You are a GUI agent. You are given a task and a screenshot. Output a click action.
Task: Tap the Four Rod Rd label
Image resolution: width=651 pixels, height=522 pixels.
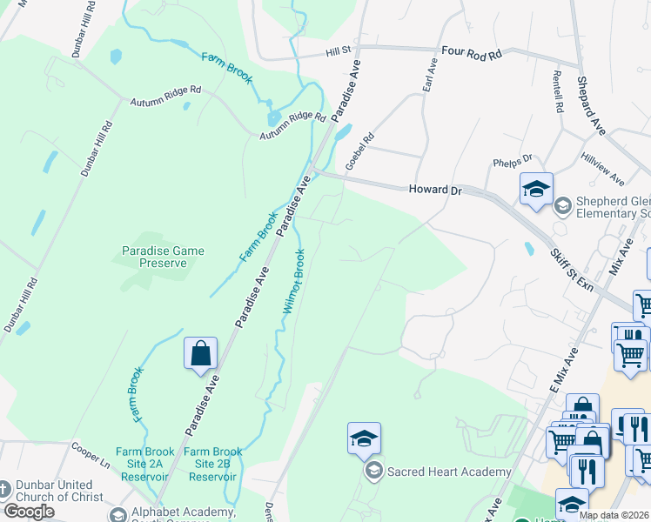coord(472,53)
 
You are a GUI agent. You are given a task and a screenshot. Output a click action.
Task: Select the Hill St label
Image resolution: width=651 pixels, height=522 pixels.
coord(338,51)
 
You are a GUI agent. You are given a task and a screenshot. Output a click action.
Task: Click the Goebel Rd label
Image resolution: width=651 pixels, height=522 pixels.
coord(359,151)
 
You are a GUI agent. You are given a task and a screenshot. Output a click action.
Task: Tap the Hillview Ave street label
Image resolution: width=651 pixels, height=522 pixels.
coord(603,170)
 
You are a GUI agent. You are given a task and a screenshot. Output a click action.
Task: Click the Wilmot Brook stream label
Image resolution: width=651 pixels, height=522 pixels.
coord(293,281)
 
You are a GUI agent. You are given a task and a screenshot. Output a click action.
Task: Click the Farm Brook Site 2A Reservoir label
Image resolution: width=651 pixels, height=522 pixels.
coord(143,458)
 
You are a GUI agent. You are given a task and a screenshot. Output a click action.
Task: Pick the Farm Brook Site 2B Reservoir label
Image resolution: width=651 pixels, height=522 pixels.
coord(212,458)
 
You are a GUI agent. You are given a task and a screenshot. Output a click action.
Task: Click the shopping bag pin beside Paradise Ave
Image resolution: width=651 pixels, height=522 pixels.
coord(200,355)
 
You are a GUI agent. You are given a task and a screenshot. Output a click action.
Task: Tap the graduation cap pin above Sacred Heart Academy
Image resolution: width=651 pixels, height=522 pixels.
coord(364,439)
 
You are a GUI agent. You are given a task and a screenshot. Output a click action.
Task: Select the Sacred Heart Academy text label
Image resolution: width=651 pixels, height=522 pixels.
coord(448,472)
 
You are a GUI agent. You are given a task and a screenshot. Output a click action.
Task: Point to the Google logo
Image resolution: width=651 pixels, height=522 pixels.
coord(29,512)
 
